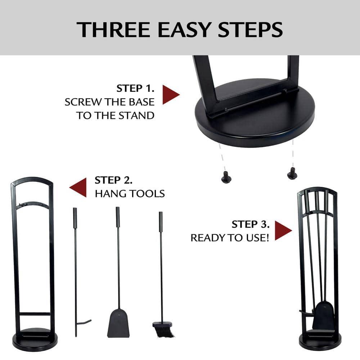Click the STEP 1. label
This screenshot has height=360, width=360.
pos(135,89)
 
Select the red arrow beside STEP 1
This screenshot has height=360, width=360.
pos(170,95)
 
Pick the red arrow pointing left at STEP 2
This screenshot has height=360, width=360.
pos(78,187)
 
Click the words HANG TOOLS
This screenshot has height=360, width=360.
pos(130,194)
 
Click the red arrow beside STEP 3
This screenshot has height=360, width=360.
pos(283,231)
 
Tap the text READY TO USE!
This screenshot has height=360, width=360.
pos(230,238)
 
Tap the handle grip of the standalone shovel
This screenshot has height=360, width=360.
pos(118,216)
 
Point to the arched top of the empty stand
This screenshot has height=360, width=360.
pos(32,180)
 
